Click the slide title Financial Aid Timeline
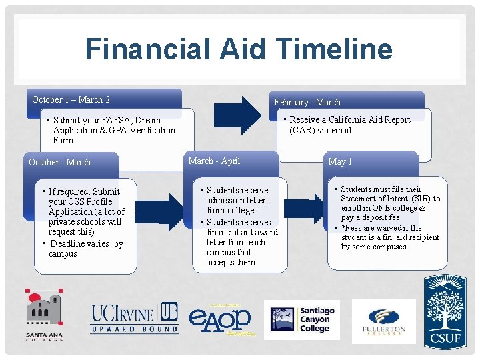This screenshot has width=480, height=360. click(x=239, y=49)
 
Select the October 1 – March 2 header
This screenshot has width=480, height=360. click(x=71, y=100)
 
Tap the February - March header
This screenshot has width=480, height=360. click(x=307, y=102)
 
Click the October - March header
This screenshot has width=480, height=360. click(x=60, y=162)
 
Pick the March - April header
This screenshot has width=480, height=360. click(x=214, y=161)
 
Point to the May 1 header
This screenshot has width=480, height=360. click(x=340, y=162)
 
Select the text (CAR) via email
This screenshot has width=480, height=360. click(x=320, y=130)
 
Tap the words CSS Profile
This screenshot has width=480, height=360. click(x=89, y=201)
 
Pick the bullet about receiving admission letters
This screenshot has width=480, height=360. click(x=237, y=200)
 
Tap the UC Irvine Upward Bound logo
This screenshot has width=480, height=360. click(x=135, y=318)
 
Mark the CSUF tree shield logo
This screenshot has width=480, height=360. click(x=445, y=311)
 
